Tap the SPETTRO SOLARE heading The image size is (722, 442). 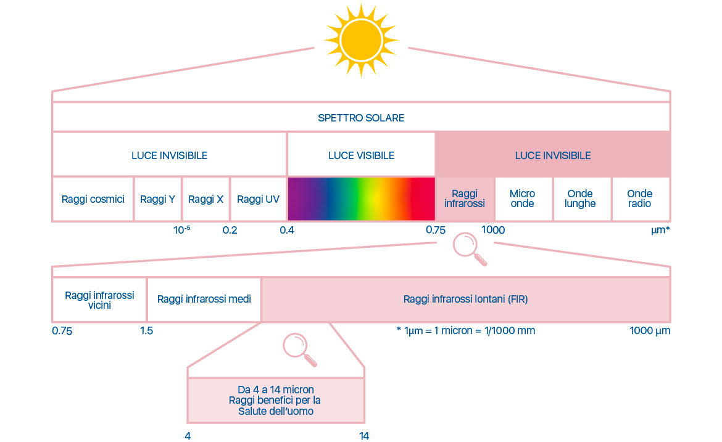361,118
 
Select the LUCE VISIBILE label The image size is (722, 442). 361,155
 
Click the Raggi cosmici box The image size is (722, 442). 93,199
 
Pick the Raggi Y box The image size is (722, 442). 158,199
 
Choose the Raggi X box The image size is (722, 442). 205,199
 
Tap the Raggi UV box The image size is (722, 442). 258,199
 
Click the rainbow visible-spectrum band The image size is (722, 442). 361,199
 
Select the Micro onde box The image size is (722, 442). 522,199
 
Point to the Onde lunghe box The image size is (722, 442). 580,199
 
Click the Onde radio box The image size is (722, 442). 639,199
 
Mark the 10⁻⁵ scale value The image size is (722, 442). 181,231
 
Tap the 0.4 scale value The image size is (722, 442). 286,231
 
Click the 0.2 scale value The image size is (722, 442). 230,231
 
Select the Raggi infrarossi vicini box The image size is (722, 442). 99,300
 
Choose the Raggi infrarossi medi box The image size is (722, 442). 204,300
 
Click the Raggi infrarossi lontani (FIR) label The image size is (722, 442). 465,300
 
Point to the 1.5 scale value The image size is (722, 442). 146,331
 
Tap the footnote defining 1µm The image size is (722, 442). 465,331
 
